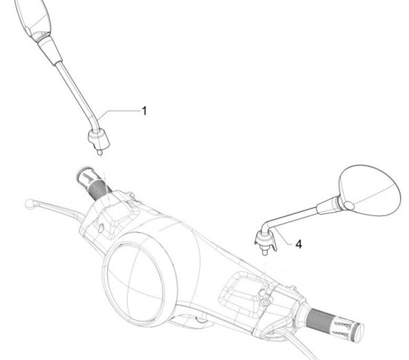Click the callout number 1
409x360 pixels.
pyautogui.click(x=144, y=111)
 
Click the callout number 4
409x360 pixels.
pyautogui.click(x=299, y=245)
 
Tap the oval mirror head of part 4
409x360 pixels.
pyautogui.click(x=370, y=190)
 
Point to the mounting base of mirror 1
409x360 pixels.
pyautogui.click(x=99, y=140)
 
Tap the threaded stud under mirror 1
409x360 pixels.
pyautogui.click(x=99, y=152)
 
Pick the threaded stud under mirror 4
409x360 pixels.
pyautogui.click(x=265, y=252)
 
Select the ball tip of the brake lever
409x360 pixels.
pyautogui.click(x=29, y=203)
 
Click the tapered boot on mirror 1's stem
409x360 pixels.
pyautogui.click(x=50, y=51)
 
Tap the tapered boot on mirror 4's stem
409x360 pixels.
pyautogui.click(x=328, y=206)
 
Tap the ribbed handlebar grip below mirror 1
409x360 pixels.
pyautogui.click(x=94, y=182)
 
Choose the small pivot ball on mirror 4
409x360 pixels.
pyautogui.click(x=349, y=206)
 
